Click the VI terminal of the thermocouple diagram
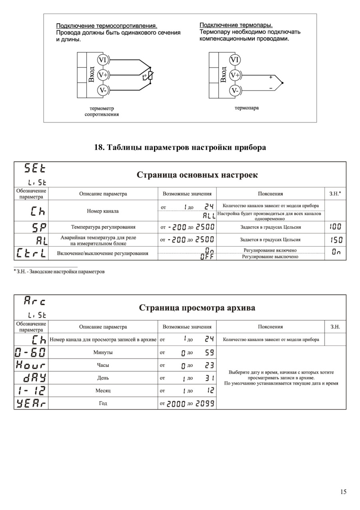234,60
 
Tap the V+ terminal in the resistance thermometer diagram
103,75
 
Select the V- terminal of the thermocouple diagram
234,90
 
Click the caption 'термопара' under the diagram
246,108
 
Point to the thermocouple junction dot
282,83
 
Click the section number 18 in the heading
98,147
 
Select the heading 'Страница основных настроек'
197,175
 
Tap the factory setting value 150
336,240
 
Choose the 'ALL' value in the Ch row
209,216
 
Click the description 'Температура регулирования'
103,227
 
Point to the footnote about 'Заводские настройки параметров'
60,271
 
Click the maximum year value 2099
205,404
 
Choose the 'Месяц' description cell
103,390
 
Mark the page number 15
343,492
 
